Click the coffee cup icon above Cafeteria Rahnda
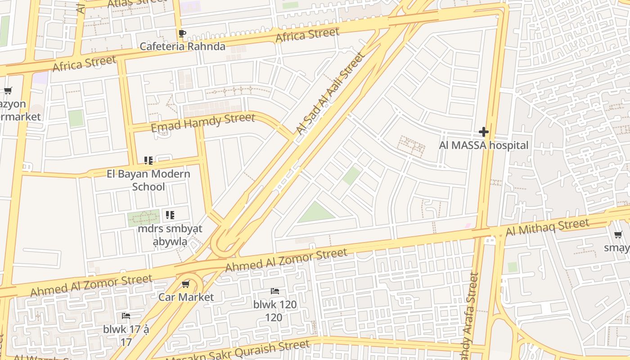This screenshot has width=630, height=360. pyautogui.click(x=182, y=34)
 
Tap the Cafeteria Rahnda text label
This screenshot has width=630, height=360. pyautogui.click(x=182, y=46)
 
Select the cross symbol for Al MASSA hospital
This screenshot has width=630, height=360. pyautogui.click(x=484, y=132)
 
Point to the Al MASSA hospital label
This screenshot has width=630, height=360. pyautogui.click(x=484, y=145)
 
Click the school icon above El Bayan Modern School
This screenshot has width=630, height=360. pyautogui.click(x=148, y=161)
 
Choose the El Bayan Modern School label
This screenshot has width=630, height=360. pyautogui.click(x=148, y=180)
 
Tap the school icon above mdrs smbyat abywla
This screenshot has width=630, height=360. pyautogui.click(x=170, y=215)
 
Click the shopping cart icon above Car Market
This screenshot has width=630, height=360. pyautogui.click(x=186, y=284)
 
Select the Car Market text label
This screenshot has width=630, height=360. pyautogui.click(x=186, y=297)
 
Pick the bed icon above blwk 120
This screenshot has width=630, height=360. pyautogui.click(x=274, y=291)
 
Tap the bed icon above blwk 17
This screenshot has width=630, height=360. pyautogui.click(x=126, y=316)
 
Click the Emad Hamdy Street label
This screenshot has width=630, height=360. pyautogui.click(x=203, y=123)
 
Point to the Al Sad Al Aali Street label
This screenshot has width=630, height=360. pyautogui.click(x=329, y=93)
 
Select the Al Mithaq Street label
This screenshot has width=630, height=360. pyautogui.click(x=547, y=227)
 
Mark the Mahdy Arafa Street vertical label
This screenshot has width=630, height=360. pyautogui.click(x=471, y=315)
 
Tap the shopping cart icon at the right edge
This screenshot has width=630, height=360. pyautogui.click(x=618, y=235)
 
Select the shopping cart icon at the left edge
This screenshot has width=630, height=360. pyautogui.click(x=8, y=91)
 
